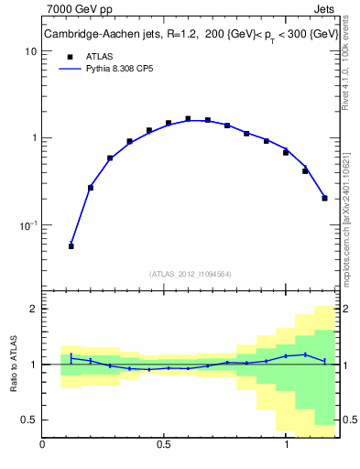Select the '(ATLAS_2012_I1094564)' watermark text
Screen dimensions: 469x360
(191, 274)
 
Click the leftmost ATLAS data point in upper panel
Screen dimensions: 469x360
(71, 246)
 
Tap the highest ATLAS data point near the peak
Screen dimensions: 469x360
(188, 118)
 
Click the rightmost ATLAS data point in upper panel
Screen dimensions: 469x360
(325, 198)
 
